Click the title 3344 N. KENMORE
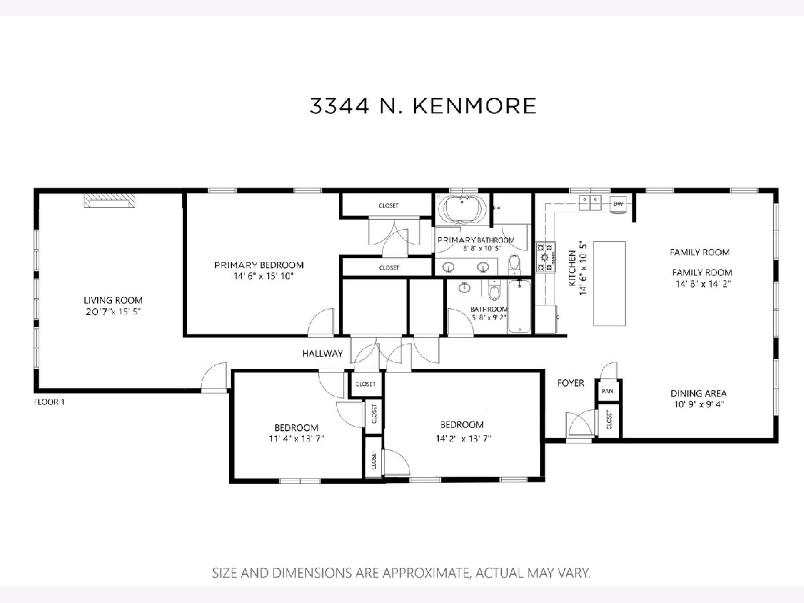[x=423, y=106]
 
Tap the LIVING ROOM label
[x=113, y=300]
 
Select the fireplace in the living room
[x=109, y=200]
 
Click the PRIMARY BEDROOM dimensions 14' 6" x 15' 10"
[x=264, y=276]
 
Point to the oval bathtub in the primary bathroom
[x=462, y=209]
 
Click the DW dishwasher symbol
[x=618, y=204]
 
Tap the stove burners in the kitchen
[x=545, y=257]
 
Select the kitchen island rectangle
[x=609, y=283]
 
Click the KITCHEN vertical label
[x=572, y=268]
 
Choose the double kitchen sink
[x=590, y=203]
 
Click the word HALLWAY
[x=322, y=353]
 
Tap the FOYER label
[x=571, y=383]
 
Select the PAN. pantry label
[x=608, y=391]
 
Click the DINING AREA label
[x=699, y=393]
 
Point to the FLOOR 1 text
[x=49, y=401]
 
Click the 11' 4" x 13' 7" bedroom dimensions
[x=296, y=438]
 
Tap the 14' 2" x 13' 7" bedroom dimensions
[x=464, y=438]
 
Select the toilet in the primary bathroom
[x=515, y=265]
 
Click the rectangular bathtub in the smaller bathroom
[x=519, y=306]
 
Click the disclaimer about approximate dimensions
[x=401, y=573]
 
